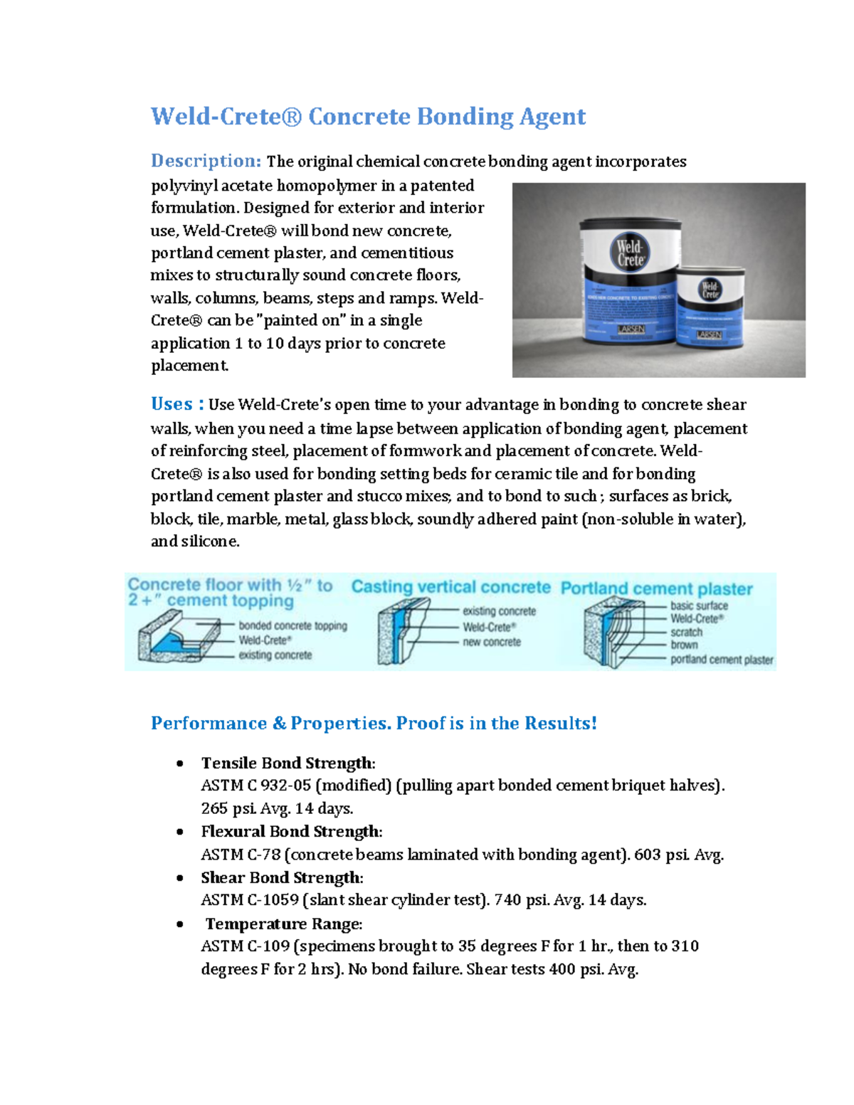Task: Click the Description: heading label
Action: click(x=206, y=162)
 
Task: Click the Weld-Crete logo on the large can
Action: click(x=629, y=253)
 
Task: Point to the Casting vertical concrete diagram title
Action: click(x=450, y=587)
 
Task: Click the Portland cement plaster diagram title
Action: click(x=656, y=589)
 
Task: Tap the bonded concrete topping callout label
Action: click(x=292, y=626)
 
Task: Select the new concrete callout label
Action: click(x=492, y=642)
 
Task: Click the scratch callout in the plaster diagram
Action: click(x=686, y=632)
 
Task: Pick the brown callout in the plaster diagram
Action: click(x=684, y=645)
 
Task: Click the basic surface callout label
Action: click(x=699, y=606)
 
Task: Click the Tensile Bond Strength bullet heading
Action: click(x=288, y=763)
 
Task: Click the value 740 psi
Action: click(x=522, y=900)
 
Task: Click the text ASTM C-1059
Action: click(x=250, y=900)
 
